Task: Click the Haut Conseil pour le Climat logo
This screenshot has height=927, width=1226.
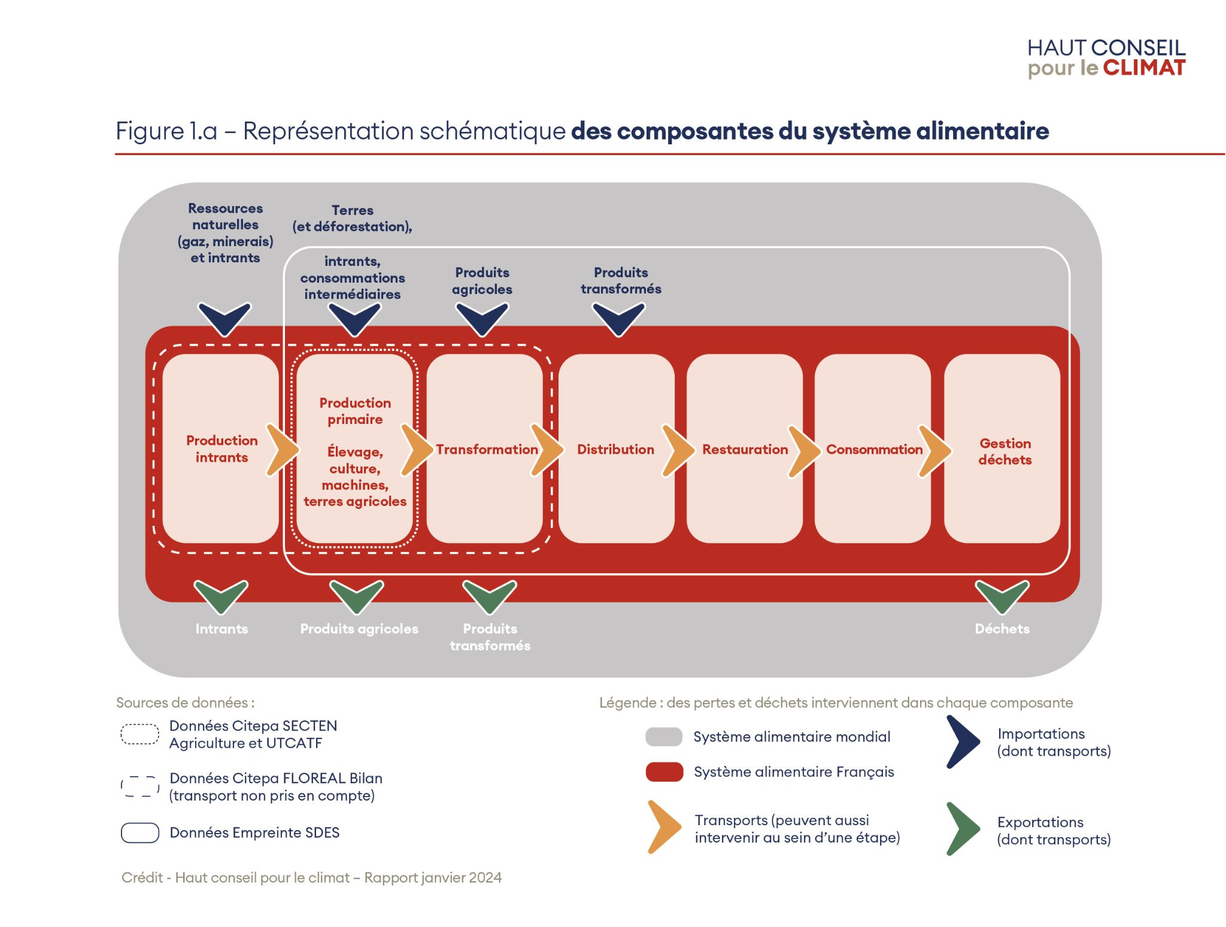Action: [x=1106, y=58]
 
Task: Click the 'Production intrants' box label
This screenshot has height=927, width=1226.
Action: [x=221, y=449]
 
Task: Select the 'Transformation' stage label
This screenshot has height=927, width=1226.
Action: [x=486, y=449]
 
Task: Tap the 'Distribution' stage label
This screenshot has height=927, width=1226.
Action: [x=615, y=449]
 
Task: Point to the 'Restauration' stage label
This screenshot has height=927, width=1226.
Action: [x=745, y=449]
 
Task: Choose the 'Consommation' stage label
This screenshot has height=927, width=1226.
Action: [x=874, y=449]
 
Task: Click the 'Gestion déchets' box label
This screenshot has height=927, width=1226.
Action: [x=1005, y=452]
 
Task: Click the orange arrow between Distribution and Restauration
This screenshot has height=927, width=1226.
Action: [x=677, y=450]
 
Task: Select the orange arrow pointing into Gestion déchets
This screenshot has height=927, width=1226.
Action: [x=934, y=450]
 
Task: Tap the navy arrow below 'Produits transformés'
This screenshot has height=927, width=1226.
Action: [x=618, y=318]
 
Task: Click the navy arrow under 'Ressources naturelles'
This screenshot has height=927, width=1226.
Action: [x=224, y=318]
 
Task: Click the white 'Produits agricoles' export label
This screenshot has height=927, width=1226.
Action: [x=359, y=629]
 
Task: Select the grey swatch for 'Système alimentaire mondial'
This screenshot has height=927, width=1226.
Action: [x=663, y=737]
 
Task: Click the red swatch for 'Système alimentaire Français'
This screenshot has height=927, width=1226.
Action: [x=664, y=772]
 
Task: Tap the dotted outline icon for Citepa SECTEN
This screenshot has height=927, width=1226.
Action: [x=139, y=734]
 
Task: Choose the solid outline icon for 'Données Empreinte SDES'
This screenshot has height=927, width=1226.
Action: [x=139, y=833]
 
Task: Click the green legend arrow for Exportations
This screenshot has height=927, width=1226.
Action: [x=962, y=829]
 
